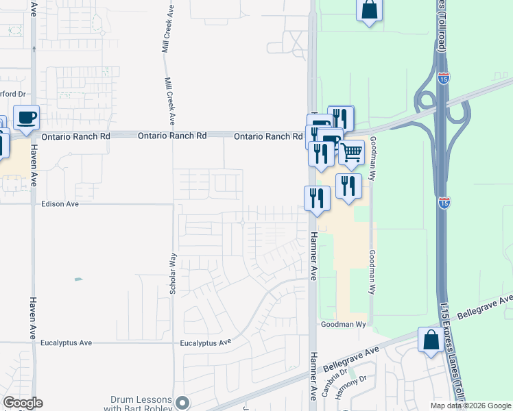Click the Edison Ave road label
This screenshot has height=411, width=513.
coord(60,204)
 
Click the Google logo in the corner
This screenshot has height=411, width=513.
coord(23,403)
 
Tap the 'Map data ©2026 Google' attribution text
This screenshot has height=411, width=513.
coord(471,406)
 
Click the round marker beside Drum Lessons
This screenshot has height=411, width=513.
coord(182,402)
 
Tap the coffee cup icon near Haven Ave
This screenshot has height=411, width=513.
coord(27,117)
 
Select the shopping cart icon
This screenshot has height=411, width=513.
coord(352,152)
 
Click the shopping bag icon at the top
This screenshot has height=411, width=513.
coord(369,10)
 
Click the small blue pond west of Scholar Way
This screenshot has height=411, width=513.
coord(78,279)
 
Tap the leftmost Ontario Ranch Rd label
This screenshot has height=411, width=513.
coord(75,137)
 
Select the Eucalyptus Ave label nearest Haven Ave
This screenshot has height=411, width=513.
coord(67,342)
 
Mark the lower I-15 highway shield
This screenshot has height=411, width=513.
coord(444,202)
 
